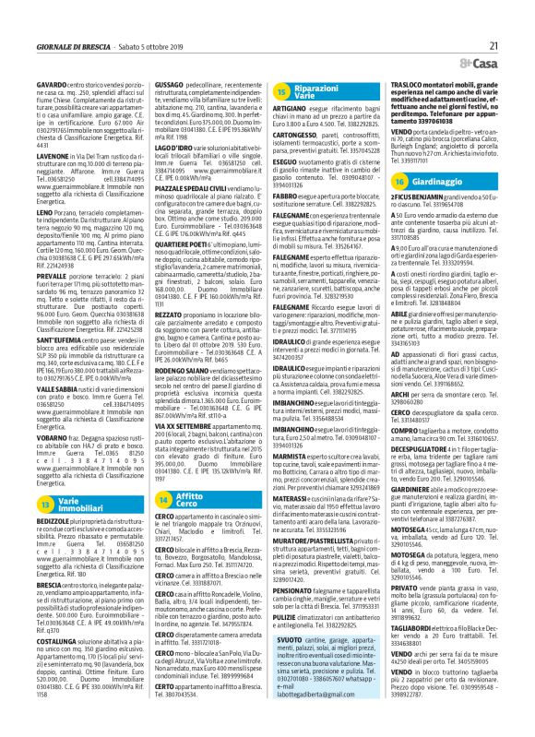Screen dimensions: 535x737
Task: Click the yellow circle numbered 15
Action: pyautogui.click(x=282, y=90)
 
